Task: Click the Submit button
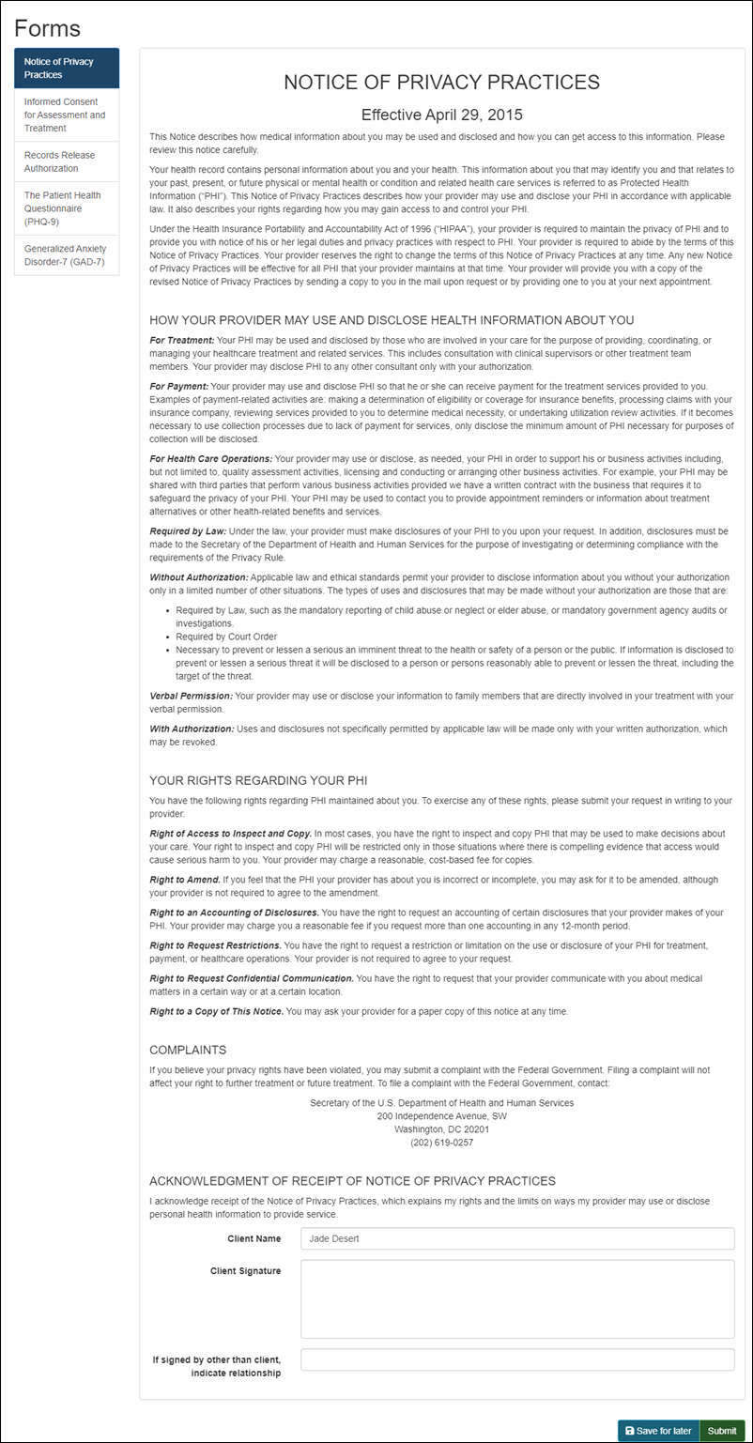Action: coord(721,1431)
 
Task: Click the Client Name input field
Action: coord(517,1238)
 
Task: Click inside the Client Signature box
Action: coord(517,1298)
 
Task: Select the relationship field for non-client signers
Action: coord(517,1359)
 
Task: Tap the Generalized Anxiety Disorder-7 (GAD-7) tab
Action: coord(67,254)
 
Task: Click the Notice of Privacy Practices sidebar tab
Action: coord(67,68)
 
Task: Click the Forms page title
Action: coord(47,28)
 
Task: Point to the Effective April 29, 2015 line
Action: coord(441,115)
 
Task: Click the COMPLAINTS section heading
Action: coord(188,1050)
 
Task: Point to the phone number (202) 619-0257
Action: coord(441,1143)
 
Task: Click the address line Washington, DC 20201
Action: coord(441,1129)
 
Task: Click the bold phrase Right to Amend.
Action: coord(184,880)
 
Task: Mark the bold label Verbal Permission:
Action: coord(191,696)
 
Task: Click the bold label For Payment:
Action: coord(179,387)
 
